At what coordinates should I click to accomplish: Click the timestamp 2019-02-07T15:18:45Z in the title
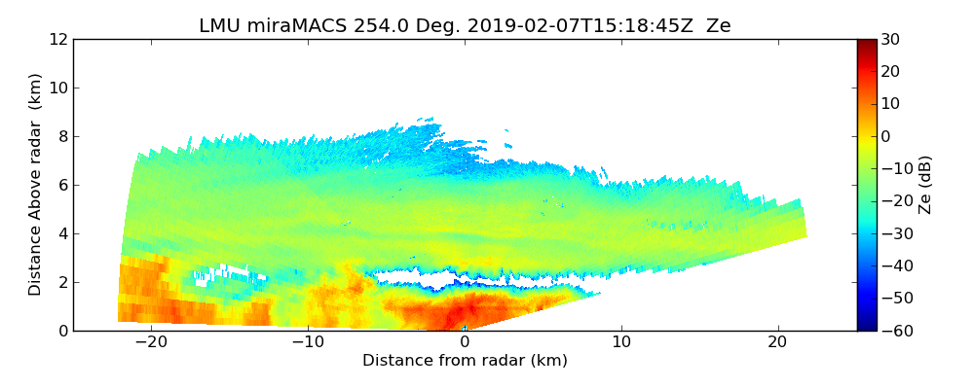click(566, 26)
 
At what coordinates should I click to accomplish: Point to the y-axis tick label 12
click(58, 39)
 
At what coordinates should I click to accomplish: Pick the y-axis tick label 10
click(58, 88)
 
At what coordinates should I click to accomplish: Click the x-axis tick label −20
click(151, 342)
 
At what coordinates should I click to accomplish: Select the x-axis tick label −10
click(308, 342)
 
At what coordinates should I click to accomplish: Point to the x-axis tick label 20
click(777, 342)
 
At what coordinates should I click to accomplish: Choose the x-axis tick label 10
click(621, 342)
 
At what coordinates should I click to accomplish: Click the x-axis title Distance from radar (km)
click(465, 361)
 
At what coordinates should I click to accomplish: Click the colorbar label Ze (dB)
click(925, 185)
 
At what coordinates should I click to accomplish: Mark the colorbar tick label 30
click(890, 39)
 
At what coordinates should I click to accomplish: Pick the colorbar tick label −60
click(894, 331)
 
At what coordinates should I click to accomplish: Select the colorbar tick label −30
click(894, 233)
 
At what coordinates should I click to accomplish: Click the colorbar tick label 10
click(890, 104)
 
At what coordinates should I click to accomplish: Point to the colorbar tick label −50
click(894, 299)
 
